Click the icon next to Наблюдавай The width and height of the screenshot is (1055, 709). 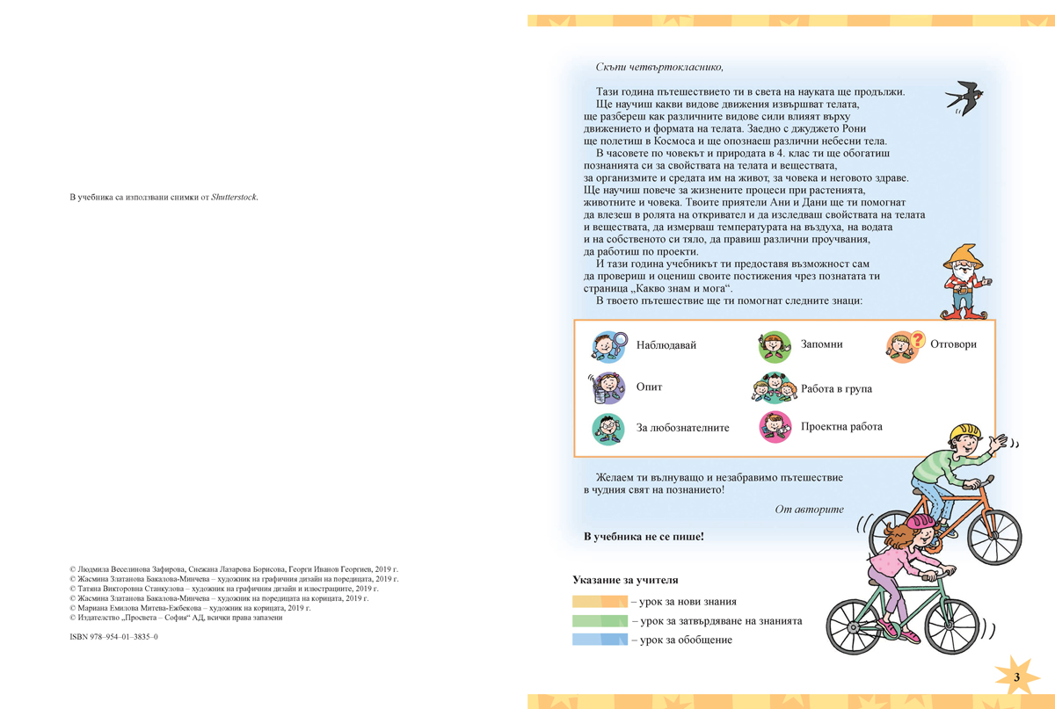pos(608,345)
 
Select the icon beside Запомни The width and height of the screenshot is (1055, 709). pos(775,345)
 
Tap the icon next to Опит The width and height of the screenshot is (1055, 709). pos(607,387)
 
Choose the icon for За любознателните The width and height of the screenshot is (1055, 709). pos(608,428)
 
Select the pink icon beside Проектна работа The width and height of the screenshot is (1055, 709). pos(775,427)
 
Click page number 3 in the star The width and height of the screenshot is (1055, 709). pos(1016,677)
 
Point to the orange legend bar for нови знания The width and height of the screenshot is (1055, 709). pos(600,602)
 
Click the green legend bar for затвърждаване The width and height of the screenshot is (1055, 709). pos(600,621)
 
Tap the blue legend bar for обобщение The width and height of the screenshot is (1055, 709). pos(600,640)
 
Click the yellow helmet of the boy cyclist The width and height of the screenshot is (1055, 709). pos(964,433)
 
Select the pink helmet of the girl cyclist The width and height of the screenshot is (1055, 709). pos(920,524)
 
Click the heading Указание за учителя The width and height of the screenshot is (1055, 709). pos(625,580)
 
